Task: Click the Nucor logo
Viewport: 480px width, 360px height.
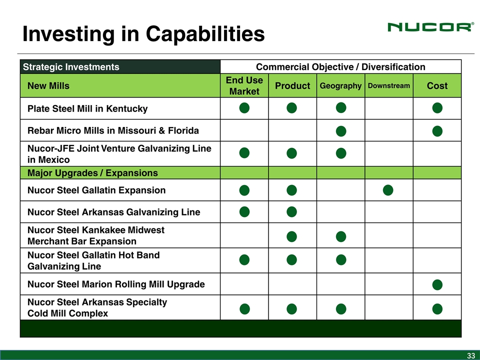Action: [430, 27]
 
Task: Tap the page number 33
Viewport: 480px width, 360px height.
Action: [471, 355]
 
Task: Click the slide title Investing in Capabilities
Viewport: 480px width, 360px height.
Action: [143, 33]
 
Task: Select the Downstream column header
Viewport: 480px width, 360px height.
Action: [389, 85]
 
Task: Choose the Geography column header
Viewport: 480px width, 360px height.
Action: [340, 85]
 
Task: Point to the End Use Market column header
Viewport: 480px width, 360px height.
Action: [244, 85]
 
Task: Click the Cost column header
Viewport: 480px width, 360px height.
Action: [437, 85]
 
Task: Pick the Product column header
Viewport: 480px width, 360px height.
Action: [292, 85]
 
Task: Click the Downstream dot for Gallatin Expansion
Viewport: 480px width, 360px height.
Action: [388, 190]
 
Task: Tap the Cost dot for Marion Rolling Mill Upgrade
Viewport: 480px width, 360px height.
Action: [437, 284]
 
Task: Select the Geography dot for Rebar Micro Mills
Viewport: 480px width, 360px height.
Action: [341, 131]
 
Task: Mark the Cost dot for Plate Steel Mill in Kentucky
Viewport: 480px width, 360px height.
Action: [437, 108]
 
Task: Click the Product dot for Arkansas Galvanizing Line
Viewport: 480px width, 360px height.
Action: [291, 211]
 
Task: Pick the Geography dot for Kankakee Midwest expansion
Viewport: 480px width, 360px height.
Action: [341, 236]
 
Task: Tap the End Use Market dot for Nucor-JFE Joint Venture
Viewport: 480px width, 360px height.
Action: [244, 153]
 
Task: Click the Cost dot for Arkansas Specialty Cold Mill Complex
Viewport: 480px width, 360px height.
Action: [437, 309]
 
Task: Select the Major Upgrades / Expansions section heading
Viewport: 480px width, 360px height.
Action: [92, 173]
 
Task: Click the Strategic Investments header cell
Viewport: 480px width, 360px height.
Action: [71, 66]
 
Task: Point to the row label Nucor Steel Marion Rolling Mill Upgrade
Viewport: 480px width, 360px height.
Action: [116, 284]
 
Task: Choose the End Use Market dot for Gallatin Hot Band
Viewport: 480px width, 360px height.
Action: [244, 260]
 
